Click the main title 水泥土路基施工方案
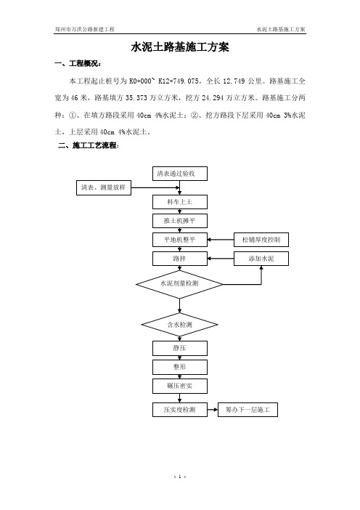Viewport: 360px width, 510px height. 180,47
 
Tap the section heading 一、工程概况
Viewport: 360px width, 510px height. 78,64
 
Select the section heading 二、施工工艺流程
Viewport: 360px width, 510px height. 89,145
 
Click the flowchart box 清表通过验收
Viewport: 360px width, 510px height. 180,174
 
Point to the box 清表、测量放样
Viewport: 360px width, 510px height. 104,187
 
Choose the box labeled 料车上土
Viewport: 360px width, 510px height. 180,202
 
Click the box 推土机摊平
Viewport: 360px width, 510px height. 180,221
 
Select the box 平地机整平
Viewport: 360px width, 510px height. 180,240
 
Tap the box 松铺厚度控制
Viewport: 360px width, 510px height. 261,240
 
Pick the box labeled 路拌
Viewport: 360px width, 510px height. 180,259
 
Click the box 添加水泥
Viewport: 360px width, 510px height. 261,259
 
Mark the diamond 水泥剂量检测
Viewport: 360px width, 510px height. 179,284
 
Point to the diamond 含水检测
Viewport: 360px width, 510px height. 180,324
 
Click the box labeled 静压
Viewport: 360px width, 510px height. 180,348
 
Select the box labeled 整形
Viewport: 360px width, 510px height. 180,367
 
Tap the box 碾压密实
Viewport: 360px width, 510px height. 180,386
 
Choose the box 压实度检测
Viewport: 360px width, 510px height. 180,410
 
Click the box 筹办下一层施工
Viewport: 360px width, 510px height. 247,410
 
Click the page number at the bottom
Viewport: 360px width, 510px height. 180,477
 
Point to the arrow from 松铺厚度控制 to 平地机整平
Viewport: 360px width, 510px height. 221,240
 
